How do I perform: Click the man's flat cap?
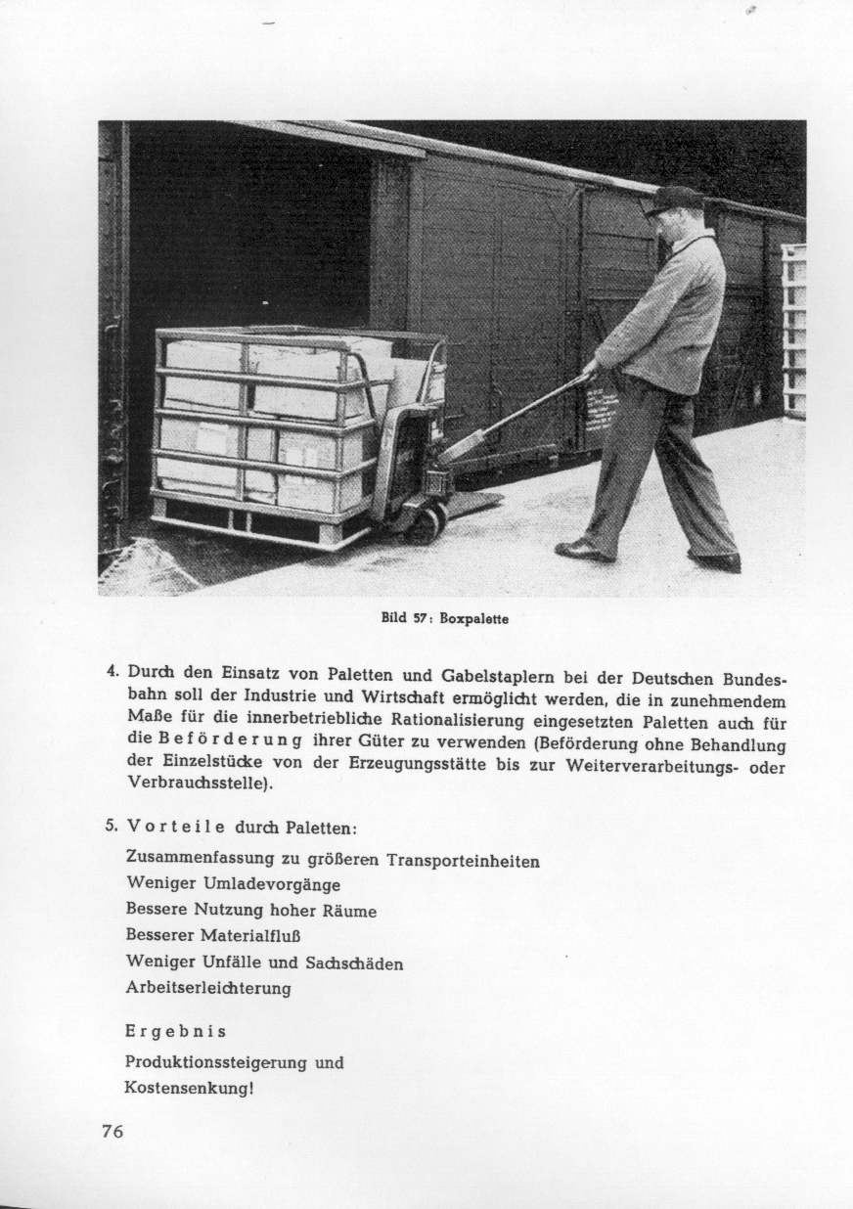[673, 200]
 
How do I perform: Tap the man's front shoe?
[585, 550]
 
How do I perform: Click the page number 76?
[112, 1131]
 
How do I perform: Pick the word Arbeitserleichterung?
[208, 988]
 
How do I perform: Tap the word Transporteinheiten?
[464, 862]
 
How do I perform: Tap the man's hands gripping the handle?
[590, 371]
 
